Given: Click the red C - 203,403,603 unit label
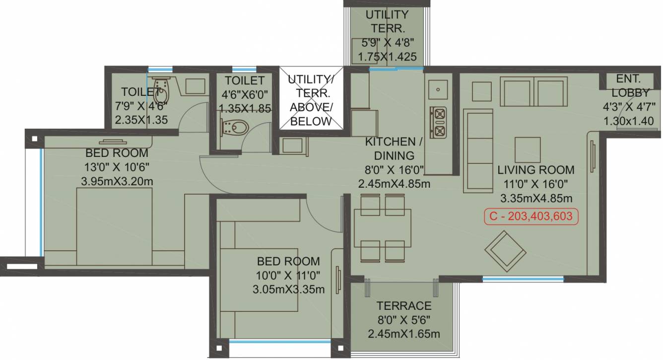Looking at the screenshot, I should pyautogui.click(x=531, y=216).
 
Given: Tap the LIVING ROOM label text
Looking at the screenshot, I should pyautogui.click(x=535, y=170).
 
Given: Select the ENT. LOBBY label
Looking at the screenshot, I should pyautogui.click(x=629, y=85).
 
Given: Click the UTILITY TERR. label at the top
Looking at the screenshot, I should pyautogui.click(x=387, y=21).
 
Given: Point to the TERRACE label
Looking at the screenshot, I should pyautogui.click(x=403, y=306).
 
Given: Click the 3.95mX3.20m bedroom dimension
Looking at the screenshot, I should pyautogui.click(x=117, y=181).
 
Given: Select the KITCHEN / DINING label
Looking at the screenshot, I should pyautogui.click(x=394, y=148).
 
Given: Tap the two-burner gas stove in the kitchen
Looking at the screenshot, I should pyautogui.click(x=439, y=122).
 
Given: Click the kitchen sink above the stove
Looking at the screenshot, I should pyautogui.click(x=438, y=90).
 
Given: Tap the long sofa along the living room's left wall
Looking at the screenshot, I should pyautogui.click(x=478, y=150).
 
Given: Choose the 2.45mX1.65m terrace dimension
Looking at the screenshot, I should pyautogui.click(x=403, y=334).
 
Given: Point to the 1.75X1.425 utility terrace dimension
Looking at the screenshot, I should pyautogui.click(x=387, y=57).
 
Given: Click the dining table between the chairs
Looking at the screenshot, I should pyautogui.click(x=383, y=228).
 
